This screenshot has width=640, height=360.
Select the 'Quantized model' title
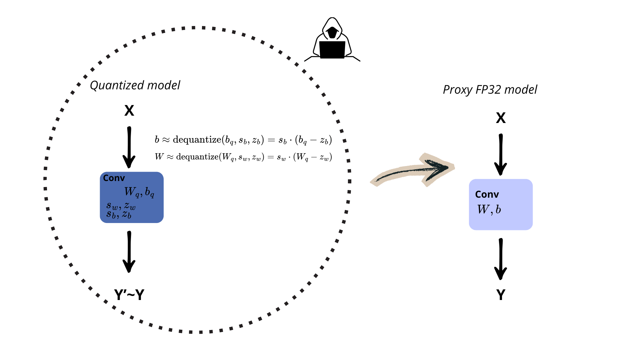click(x=135, y=85)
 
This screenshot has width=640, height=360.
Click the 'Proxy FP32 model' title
click(x=490, y=90)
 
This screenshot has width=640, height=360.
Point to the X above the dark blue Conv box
click(x=129, y=111)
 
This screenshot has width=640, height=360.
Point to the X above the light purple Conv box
click(x=501, y=118)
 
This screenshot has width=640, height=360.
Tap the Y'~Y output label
click(x=129, y=295)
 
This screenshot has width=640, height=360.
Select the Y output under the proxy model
click(x=501, y=295)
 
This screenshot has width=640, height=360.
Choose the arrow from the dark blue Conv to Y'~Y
click(x=129, y=252)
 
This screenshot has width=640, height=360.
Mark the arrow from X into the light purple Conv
click(x=501, y=155)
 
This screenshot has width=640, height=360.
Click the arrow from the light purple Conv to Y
click(x=501, y=259)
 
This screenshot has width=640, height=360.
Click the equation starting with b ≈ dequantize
click(x=243, y=140)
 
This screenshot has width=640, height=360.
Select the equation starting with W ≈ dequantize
click(x=243, y=157)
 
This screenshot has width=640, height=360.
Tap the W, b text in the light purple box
click(x=489, y=210)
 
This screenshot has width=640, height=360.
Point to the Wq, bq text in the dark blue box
click(x=139, y=192)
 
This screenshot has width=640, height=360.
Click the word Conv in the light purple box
click(x=487, y=194)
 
